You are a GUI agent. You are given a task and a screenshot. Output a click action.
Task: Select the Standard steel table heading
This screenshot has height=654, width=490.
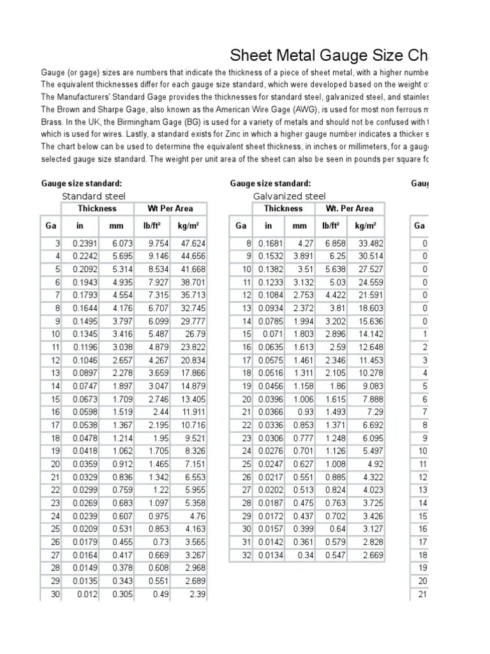93,196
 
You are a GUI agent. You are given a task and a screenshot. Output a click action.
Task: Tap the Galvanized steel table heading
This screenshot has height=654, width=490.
289,196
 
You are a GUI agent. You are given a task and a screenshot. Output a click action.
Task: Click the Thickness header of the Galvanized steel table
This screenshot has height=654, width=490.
283,208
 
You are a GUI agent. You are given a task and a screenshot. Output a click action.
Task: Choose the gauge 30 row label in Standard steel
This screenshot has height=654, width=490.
54,595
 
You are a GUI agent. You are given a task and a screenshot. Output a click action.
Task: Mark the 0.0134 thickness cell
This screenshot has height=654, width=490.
270,556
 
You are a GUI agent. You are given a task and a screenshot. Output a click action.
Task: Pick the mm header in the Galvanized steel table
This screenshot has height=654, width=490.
299,225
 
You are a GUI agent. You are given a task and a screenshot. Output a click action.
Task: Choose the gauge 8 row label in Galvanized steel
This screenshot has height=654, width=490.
248,243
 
